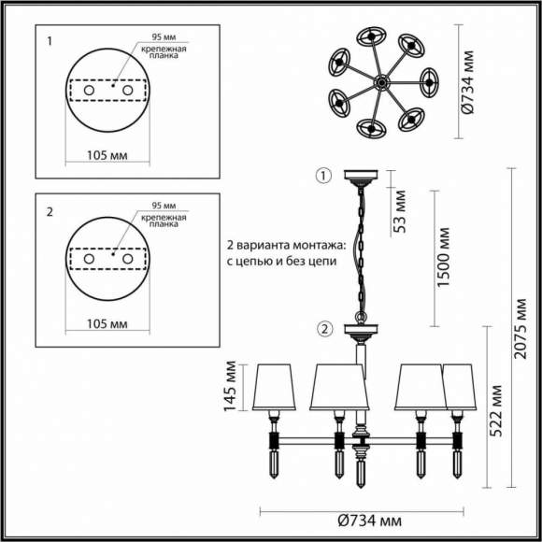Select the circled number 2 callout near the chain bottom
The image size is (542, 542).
point(324,328)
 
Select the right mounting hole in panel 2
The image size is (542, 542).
point(128,257)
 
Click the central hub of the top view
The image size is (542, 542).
point(381,83)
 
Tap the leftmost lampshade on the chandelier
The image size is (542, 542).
point(274,387)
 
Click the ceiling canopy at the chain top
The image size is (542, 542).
point(360,176)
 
